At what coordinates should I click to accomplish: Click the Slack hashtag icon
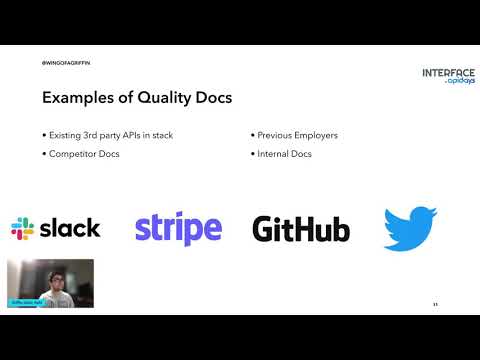click(x=22, y=228)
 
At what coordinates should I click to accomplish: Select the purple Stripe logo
click(x=178, y=228)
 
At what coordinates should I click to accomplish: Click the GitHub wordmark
click(x=301, y=229)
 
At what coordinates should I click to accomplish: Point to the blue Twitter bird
click(x=410, y=228)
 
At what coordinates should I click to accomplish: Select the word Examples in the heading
click(x=78, y=98)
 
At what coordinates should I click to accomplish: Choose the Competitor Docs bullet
click(x=78, y=155)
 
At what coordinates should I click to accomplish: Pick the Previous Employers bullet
click(x=297, y=135)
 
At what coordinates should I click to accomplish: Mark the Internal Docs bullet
click(x=283, y=155)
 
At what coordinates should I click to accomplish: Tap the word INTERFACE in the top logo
click(x=448, y=73)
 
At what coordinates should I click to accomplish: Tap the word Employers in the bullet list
click(x=314, y=135)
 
